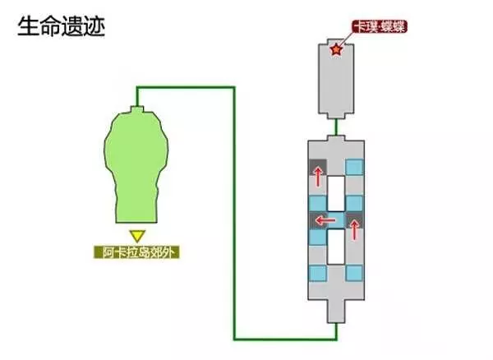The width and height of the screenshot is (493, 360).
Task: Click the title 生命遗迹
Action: [61, 27]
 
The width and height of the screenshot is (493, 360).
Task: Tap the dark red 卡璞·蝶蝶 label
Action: [380, 27]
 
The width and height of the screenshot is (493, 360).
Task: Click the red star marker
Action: [336, 49]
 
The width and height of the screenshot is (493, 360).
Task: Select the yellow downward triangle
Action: [137, 236]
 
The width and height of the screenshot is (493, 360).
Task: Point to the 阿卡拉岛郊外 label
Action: [136, 252]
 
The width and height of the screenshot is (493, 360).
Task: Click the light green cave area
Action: [136, 165]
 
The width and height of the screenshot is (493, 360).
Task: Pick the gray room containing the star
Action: [336, 79]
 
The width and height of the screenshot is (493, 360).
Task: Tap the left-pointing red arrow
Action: [325, 220]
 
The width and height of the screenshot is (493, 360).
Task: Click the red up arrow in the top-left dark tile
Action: [318, 177]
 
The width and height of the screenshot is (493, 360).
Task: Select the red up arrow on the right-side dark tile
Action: [354, 229]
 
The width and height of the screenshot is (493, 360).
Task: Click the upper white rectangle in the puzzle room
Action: [336, 192]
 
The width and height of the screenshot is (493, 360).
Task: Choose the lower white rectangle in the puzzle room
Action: [336, 247]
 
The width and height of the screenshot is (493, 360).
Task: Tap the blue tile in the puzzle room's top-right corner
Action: [355, 167]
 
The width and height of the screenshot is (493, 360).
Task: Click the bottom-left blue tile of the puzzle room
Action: [318, 273]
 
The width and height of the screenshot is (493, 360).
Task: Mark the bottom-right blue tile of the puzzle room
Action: [355, 273]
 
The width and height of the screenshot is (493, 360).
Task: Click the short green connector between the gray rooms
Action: [336, 127]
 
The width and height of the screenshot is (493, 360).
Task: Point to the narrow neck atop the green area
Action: [136, 109]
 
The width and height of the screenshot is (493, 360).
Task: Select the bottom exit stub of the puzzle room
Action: [336, 312]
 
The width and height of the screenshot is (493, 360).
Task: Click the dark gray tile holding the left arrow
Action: [318, 219]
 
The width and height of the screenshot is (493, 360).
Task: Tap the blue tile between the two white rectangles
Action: [336, 219]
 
